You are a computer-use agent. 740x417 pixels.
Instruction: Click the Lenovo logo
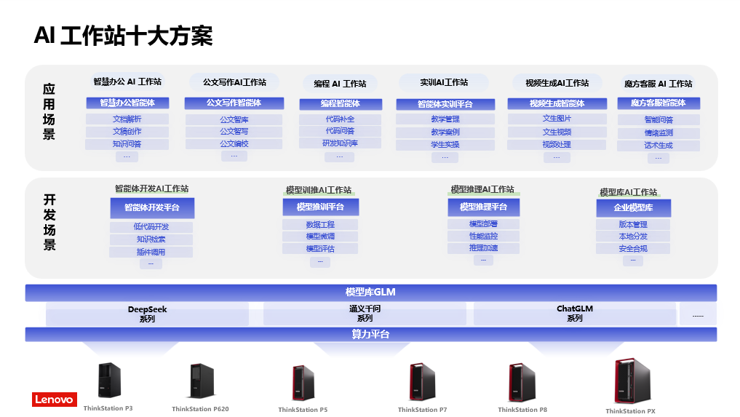click(54, 400)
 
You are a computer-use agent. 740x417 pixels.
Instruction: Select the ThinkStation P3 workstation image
click(109, 380)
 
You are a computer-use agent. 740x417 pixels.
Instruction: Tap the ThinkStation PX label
click(630, 411)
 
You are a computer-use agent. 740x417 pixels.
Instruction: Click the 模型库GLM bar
click(370, 293)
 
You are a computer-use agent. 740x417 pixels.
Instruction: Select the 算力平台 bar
click(370, 334)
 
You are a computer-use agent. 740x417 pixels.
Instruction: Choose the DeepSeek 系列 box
click(147, 314)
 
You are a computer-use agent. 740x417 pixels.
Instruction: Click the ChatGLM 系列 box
click(575, 314)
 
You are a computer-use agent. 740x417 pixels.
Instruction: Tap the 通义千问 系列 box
click(365, 314)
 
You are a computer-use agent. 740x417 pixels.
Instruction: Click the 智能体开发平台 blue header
click(151, 208)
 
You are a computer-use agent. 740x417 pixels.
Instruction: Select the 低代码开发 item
click(151, 227)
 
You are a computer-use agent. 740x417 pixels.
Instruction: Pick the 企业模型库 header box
click(633, 208)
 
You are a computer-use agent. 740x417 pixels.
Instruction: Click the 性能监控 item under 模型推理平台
click(483, 236)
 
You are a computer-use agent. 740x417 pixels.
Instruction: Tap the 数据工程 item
click(320, 225)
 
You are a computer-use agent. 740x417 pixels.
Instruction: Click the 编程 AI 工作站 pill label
click(340, 84)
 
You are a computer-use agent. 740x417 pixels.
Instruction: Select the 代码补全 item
click(340, 119)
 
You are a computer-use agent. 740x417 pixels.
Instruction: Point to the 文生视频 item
click(557, 132)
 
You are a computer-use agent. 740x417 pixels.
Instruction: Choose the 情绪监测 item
click(658, 133)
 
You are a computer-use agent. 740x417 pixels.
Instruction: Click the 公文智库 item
click(234, 120)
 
